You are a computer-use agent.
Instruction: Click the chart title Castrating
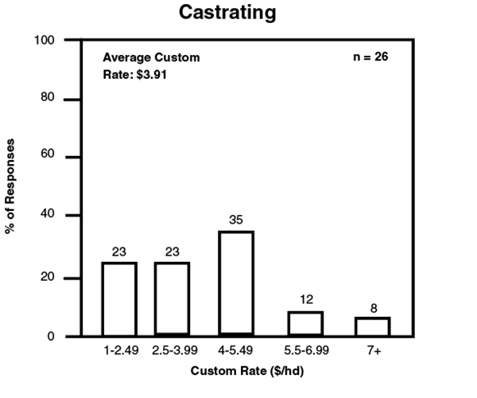[238, 13]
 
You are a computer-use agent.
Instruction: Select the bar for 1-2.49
[119, 298]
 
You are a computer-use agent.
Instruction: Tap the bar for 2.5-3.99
[172, 298]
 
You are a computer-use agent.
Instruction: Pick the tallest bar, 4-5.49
[235, 283]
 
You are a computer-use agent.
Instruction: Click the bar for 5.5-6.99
[304, 323]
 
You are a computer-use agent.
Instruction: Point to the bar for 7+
[372, 326]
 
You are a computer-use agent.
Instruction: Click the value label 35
[235, 220]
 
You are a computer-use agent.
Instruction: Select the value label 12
[305, 301]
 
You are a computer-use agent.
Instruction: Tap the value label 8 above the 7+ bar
[372, 306]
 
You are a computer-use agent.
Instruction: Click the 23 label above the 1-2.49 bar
[119, 252]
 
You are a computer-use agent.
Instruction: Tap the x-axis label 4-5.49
[235, 350]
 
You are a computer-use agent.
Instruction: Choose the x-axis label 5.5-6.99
[305, 350]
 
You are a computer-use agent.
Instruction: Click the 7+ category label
[372, 350]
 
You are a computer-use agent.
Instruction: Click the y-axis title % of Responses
[12, 187]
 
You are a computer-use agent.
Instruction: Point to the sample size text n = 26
[370, 57]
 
